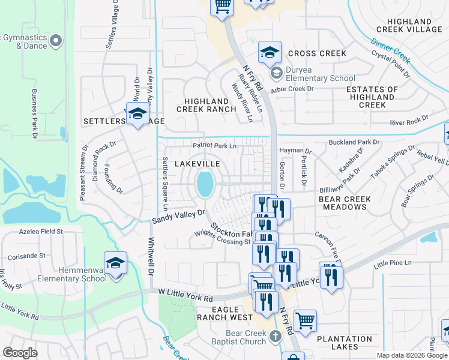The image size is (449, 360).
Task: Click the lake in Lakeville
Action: coord(205,184)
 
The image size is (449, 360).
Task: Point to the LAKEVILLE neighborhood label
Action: coord(197,164)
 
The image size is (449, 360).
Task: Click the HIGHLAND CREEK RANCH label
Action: coord(206,105)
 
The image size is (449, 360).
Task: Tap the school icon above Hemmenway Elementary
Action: coord(115,264)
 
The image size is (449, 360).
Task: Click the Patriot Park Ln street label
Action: coord(214,145)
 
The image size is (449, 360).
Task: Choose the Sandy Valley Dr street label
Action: coord(178,217)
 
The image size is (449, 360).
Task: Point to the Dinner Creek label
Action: coord(390,52)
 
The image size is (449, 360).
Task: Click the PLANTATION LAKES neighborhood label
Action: coord(345,343)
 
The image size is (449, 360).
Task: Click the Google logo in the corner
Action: coord(20,353)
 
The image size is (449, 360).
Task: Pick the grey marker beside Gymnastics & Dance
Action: coord(56,41)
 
